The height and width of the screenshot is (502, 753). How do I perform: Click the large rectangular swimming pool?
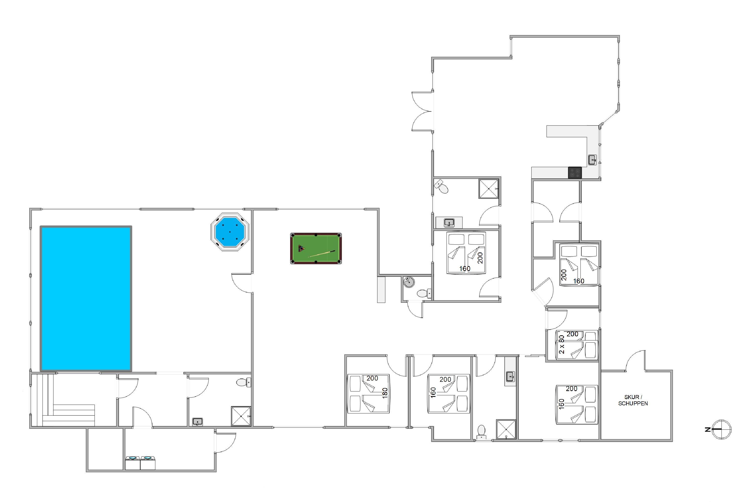pyautogui.click(x=86, y=299)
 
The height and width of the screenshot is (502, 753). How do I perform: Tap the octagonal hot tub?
pyautogui.click(x=230, y=231)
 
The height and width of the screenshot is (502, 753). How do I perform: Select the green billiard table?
pyautogui.click(x=316, y=248)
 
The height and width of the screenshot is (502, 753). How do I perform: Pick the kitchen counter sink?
pyautogui.click(x=592, y=160)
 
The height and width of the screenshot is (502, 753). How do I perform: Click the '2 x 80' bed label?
pyautogui.click(x=561, y=344)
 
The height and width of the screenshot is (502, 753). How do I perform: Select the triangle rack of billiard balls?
pyautogui.click(x=301, y=248)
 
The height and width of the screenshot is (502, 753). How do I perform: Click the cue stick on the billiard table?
pyautogui.click(x=322, y=254)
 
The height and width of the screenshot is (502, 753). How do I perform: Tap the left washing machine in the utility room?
pyautogui.click(x=132, y=463)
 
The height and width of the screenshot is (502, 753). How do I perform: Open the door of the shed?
pyautogui.click(x=635, y=360)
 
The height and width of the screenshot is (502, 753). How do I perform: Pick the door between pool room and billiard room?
pyautogui.click(x=242, y=283)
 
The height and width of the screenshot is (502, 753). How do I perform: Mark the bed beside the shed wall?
pyautogui.click(x=577, y=404)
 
